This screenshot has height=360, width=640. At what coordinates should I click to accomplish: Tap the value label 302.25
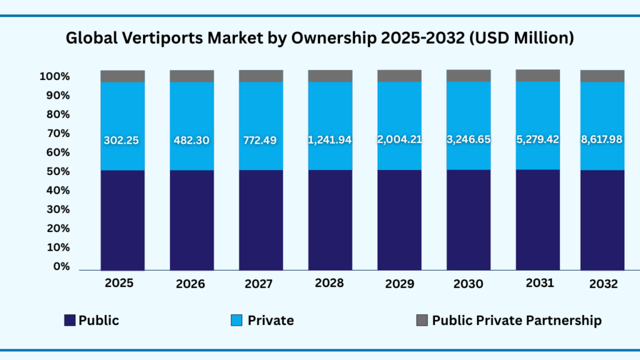[122, 140]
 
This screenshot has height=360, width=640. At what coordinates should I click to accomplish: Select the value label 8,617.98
[602, 140]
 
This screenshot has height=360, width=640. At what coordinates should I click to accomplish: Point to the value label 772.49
[261, 140]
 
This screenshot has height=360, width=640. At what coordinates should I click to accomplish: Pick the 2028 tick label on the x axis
[329, 283]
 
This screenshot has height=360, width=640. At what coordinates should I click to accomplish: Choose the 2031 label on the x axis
[539, 283]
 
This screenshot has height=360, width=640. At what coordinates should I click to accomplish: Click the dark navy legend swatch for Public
[70, 321]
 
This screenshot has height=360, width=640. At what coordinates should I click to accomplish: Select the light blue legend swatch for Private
[237, 321]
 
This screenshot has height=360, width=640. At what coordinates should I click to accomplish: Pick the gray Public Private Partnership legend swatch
[422, 321]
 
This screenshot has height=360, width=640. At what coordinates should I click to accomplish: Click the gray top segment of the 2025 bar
[122, 76]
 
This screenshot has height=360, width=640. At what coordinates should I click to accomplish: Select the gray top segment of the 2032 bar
[602, 76]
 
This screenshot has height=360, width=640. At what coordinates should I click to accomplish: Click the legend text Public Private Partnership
[517, 321]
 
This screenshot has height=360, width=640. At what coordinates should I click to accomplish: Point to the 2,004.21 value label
[399, 140]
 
